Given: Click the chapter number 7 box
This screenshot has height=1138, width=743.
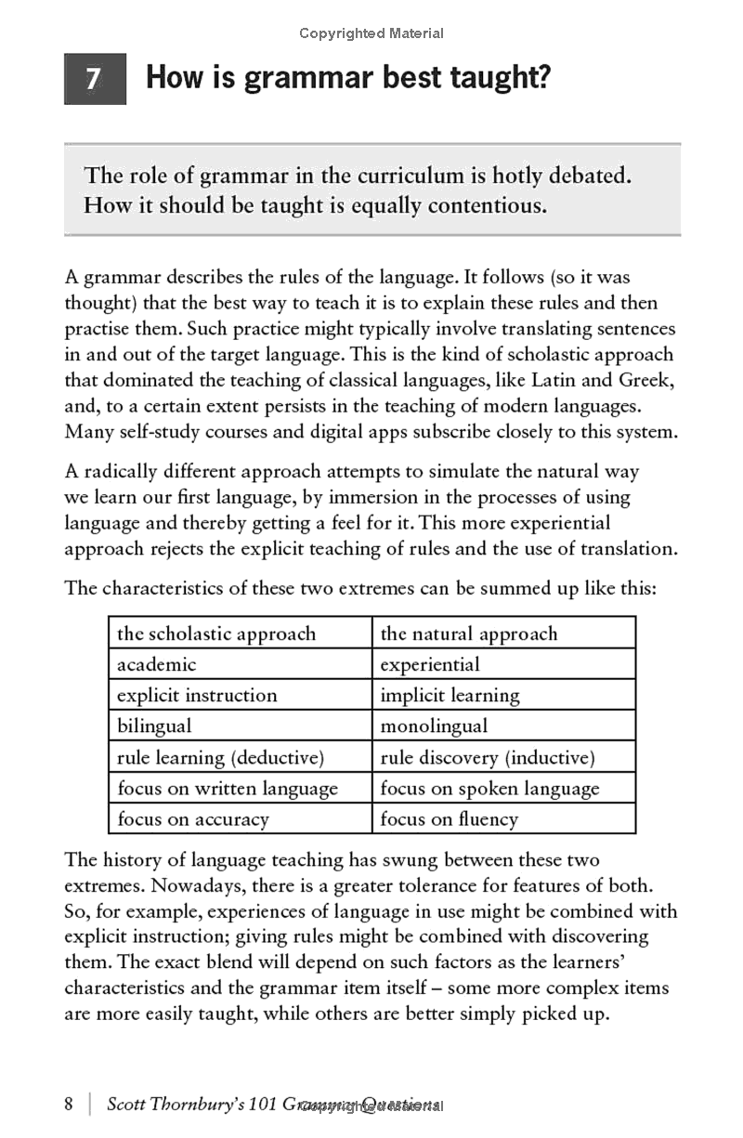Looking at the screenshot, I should (95, 80).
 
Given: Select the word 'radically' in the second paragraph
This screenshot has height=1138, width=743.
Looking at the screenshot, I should (124, 471).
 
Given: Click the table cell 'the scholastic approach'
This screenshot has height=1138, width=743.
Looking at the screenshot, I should (216, 634).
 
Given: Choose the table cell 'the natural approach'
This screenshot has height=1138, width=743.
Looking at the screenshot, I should (469, 634).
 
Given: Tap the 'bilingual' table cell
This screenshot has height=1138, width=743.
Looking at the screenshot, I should (154, 726).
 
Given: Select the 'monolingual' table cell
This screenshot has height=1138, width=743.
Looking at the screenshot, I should (434, 726).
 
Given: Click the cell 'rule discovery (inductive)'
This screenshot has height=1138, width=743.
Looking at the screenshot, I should (487, 757).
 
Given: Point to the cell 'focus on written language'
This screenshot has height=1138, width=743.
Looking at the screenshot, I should (228, 788).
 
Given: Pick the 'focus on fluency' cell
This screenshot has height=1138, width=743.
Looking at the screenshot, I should (449, 818).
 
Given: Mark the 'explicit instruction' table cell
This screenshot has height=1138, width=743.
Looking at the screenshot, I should (197, 695).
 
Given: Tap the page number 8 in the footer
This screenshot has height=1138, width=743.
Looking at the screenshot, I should (69, 1104).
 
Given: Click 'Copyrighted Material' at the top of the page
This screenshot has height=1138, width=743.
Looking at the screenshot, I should (371, 33).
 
